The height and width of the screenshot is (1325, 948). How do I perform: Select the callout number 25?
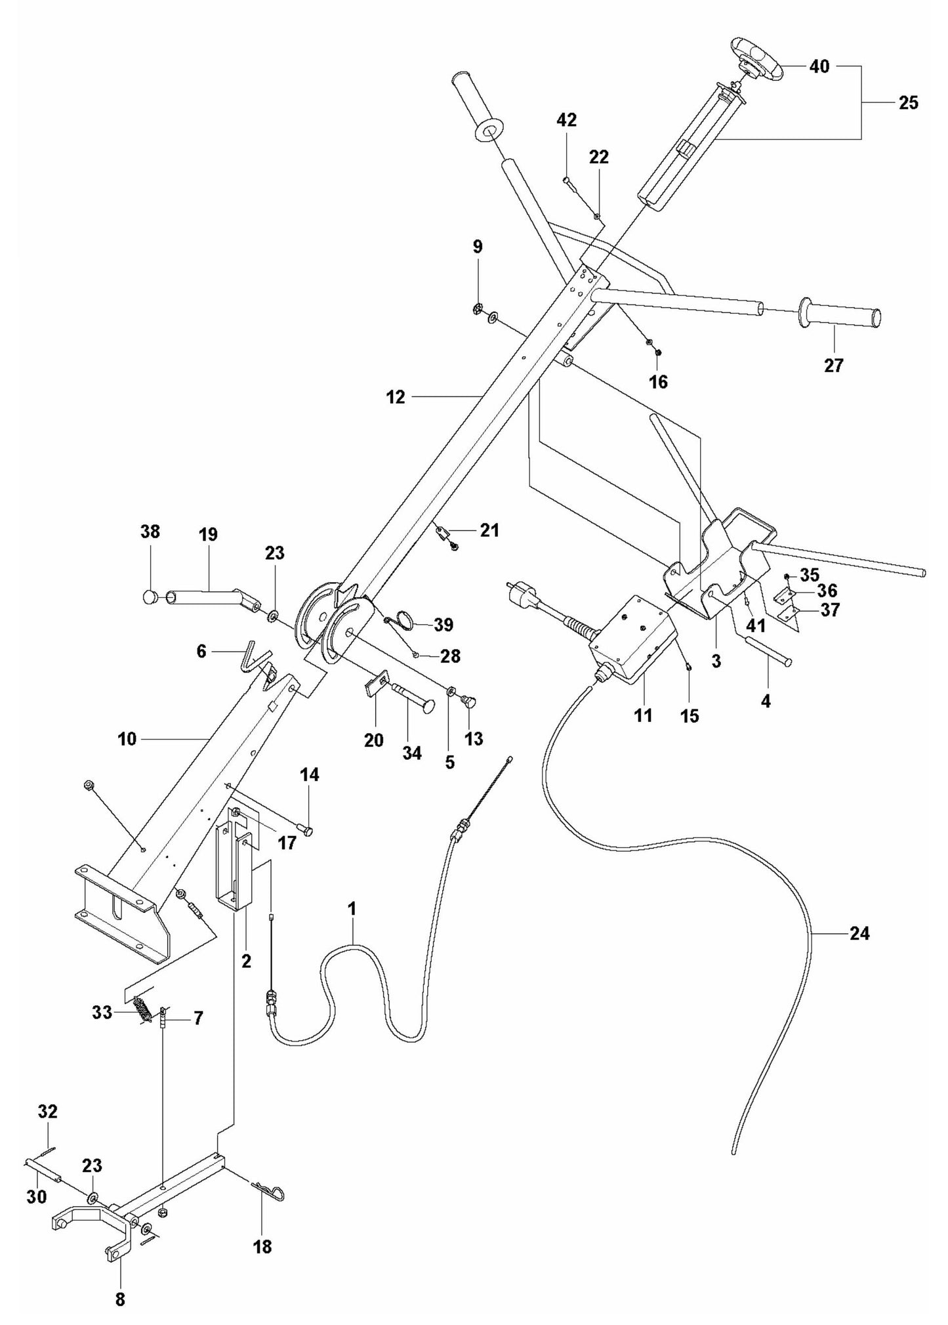click(908, 103)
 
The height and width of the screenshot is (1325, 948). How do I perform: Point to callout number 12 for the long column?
click(396, 397)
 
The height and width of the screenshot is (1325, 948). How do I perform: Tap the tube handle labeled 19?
click(207, 598)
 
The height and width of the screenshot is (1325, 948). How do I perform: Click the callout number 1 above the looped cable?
click(352, 909)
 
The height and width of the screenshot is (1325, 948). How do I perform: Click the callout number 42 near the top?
click(566, 119)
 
